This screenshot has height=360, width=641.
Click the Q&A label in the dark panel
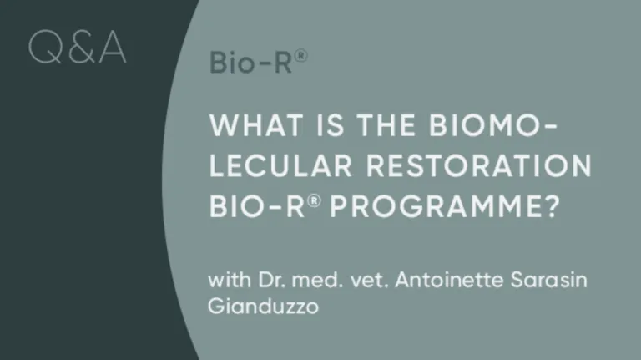77,48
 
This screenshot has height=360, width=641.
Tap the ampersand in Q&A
78,48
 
